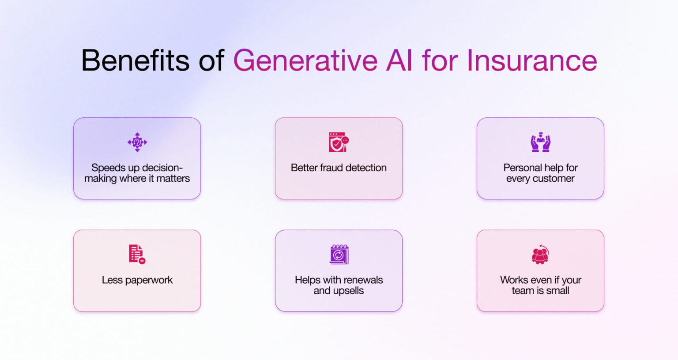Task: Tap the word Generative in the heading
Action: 305,60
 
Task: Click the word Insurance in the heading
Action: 531,60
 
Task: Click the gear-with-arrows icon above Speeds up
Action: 137,142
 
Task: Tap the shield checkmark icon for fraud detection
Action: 339,142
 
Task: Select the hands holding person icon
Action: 540,142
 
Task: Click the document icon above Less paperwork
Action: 137,254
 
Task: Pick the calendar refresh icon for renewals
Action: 339,254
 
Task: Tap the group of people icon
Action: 540,254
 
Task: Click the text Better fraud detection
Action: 339,168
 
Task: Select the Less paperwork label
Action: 137,280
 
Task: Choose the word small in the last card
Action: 557,291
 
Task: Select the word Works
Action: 513,280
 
